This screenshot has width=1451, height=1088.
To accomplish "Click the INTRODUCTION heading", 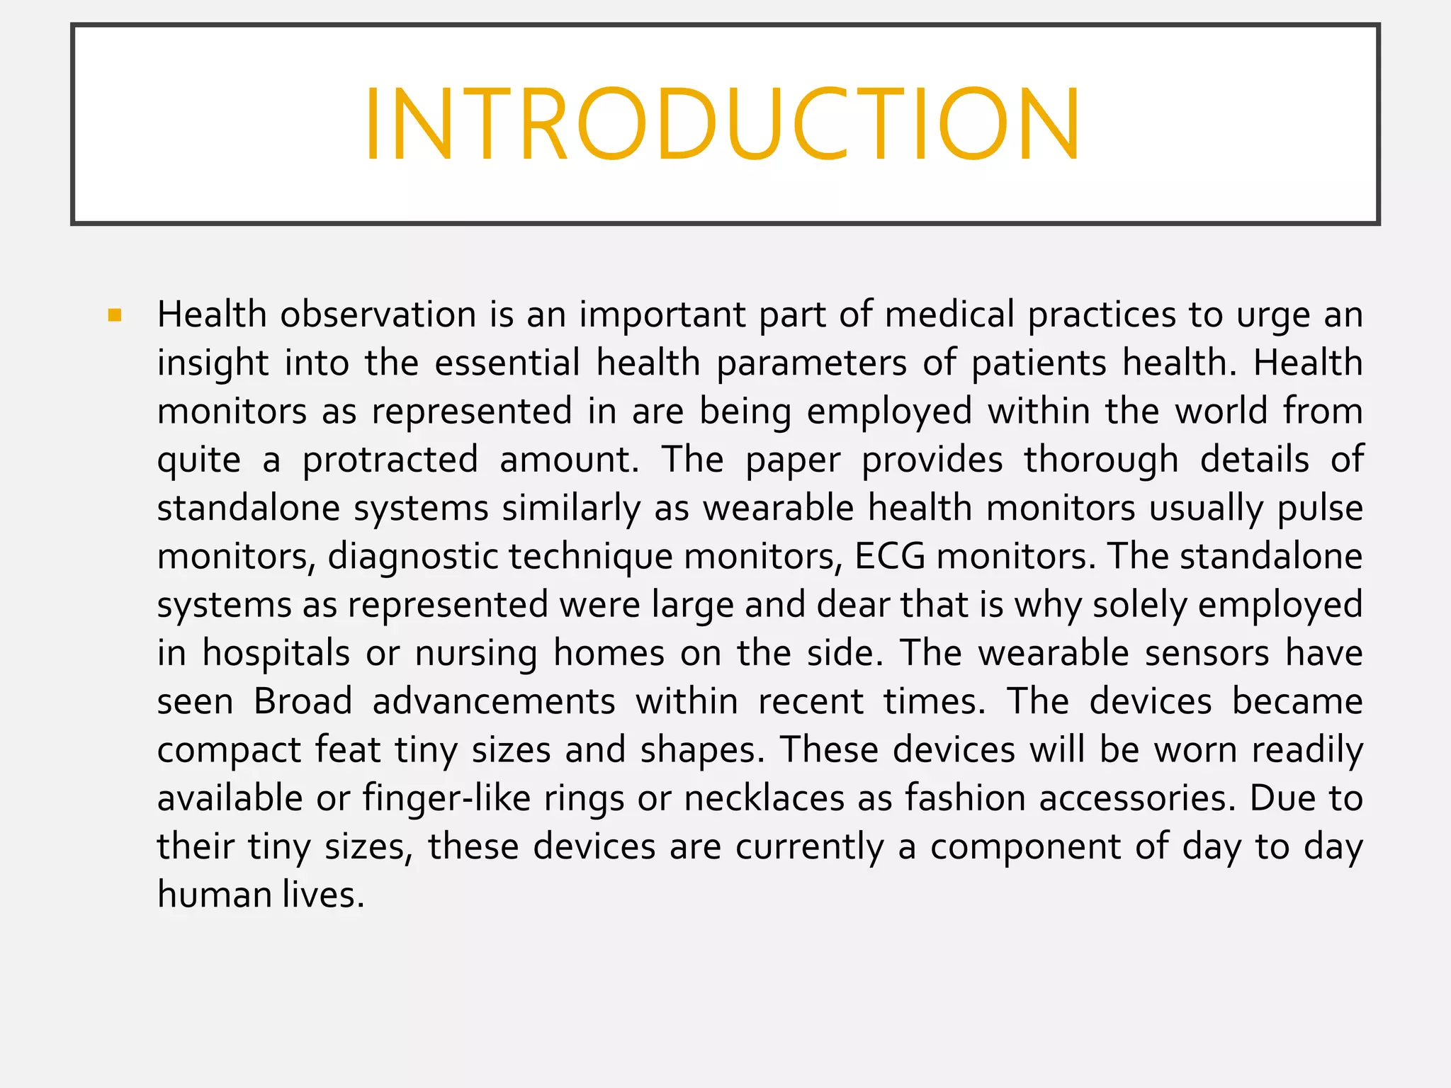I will [x=723, y=125].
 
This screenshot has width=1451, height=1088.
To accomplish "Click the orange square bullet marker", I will [x=115, y=315].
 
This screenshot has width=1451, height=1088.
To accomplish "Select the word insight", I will [x=213, y=363].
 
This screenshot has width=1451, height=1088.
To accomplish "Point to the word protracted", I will [x=390, y=460].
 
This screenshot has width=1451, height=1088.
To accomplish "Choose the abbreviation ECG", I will [x=890, y=557].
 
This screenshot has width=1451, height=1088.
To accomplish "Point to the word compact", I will [x=230, y=750].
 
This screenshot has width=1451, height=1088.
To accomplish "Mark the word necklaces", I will [x=764, y=798].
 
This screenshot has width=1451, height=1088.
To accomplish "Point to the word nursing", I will [x=476, y=653].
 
